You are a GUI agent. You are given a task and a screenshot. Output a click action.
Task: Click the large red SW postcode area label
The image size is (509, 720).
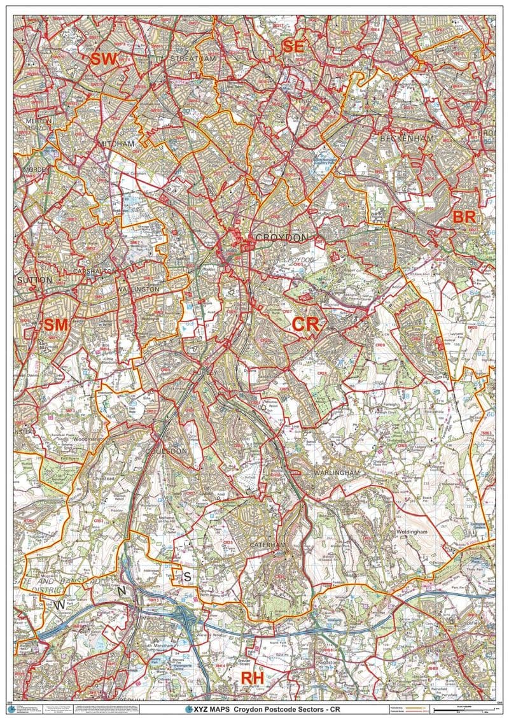pyautogui.click(x=104, y=60)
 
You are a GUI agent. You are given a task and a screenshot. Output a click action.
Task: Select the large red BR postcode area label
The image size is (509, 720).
pyautogui.click(x=464, y=216)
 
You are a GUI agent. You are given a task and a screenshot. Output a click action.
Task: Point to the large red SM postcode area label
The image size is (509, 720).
pyautogui.click(x=55, y=325)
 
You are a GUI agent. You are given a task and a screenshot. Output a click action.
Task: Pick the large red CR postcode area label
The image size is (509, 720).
pyautogui.click(x=305, y=324)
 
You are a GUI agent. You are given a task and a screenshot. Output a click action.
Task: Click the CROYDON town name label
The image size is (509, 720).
pyautogui.click(x=281, y=237)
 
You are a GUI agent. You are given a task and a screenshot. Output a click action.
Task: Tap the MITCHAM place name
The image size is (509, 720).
pyautogui.click(x=117, y=145)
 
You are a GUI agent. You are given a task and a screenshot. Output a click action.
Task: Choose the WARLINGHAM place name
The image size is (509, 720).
pyautogui.click(x=337, y=473)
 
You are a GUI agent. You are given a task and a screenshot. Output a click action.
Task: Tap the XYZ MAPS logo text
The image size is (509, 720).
pyautogui.click(x=207, y=709)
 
